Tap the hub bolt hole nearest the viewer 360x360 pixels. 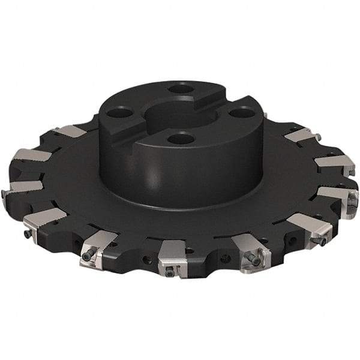pos(180,139)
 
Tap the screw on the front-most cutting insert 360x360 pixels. pos(170,272)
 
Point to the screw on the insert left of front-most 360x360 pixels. pos(88,256)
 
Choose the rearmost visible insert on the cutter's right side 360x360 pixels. pos(300,135)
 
